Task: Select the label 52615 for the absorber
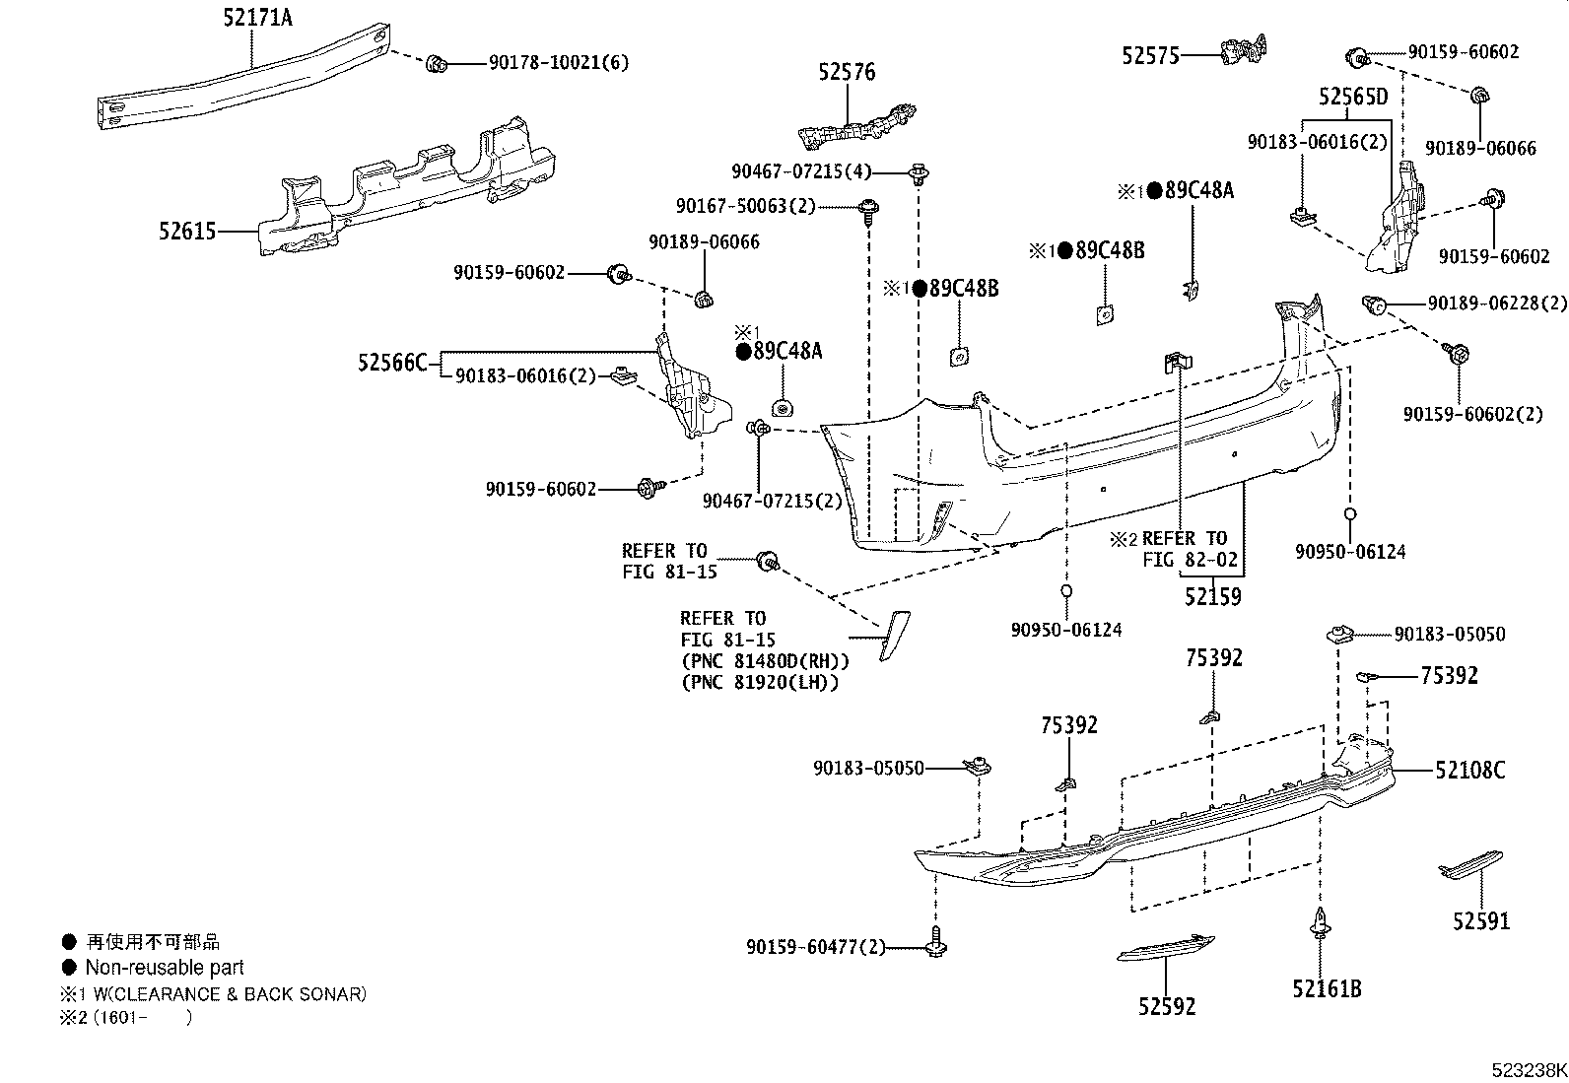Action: click(186, 233)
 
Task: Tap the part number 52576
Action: click(846, 72)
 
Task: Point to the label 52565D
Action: click(1352, 97)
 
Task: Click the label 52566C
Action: click(392, 364)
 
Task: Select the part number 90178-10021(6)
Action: click(558, 63)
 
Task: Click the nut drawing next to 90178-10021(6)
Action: click(437, 64)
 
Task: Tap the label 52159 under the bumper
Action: click(1212, 596)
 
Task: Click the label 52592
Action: click(1166, 1006)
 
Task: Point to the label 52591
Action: click(1480, 920)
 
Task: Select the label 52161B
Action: click(1327, 987)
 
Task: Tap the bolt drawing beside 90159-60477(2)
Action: click(935, 946)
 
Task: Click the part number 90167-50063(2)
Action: click(746, 207)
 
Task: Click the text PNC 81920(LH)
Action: click(759, 682)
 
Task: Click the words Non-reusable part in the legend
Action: click(164, 968)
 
